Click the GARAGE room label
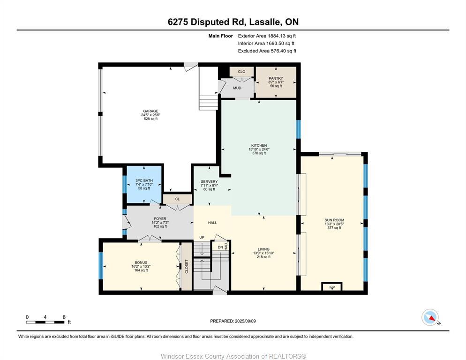coord(150,111)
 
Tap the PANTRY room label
coord(276,78)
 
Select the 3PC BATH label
coord(144,180)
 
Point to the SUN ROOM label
coord(334,220)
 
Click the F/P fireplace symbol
coord(332,286)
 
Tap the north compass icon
coord(430,317)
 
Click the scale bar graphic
coord(45,322)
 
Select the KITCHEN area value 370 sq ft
coord(259,153)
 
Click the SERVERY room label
coord(209,181)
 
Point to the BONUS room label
coord(141,262)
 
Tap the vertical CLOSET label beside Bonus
coord(187,267)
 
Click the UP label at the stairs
coord(202,237)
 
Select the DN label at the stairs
coord(220,247)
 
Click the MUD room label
coord(237,88)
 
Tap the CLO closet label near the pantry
coord(241,72)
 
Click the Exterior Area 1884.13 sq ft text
coord(267,36)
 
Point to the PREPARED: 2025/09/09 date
coord(233,321)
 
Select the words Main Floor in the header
coord(220,36)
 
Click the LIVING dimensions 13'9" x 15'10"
coord(263,253)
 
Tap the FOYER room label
coord(160,218)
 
